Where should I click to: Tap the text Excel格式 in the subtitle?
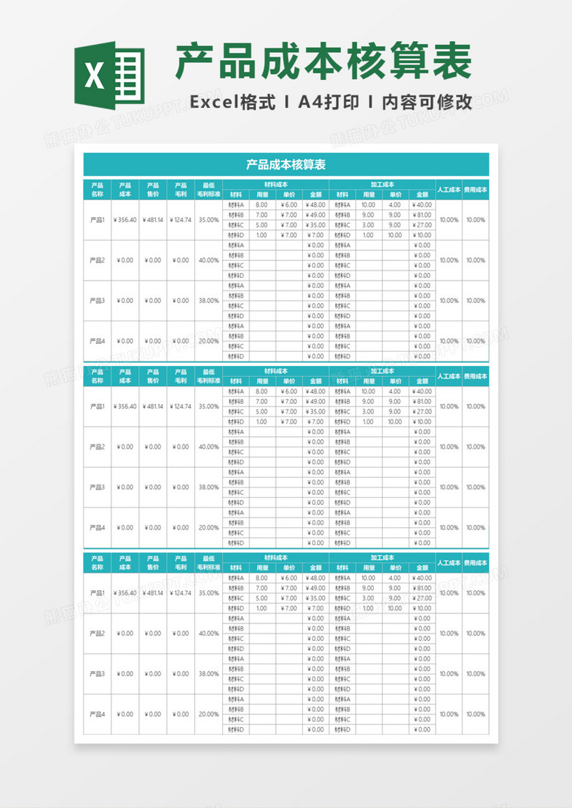pyautogui.click(x=232, y=103)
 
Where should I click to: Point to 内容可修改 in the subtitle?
pyautogui.click(x=427, y=103)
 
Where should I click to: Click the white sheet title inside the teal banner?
pyautogui.click(x=286, y=165)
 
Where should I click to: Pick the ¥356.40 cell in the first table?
pyautogui.click(x=125, y=220)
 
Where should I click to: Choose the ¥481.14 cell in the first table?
pyautogui.click(x=153, y=220)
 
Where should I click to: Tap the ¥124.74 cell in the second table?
pyautogui.click(x=180, y=406)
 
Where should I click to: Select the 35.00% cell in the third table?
pyautogui.click(x=208, y=592)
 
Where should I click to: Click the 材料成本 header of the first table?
pyautogui.click(x=276, y=185)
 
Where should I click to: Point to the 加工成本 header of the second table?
pyautogui.click(x=382, y=371)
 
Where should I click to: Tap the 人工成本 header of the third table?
pyautogui.click(x=449, y=562)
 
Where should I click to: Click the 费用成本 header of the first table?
pyautogui.click(x=475, y=189)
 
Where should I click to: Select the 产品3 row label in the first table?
pyautogui.click(x=98, y=301)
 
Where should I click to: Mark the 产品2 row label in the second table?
pyautogui.click(x=98, y=447)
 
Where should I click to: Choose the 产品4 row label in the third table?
pyautogui.click(x=98, y=713)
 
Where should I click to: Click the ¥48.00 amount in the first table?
pyautogui.click(x=316, y=205)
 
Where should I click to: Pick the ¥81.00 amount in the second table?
pyautogui.click(x=422, y=402)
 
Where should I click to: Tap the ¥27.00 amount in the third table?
pyautogui.click(x=422, y=598)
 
